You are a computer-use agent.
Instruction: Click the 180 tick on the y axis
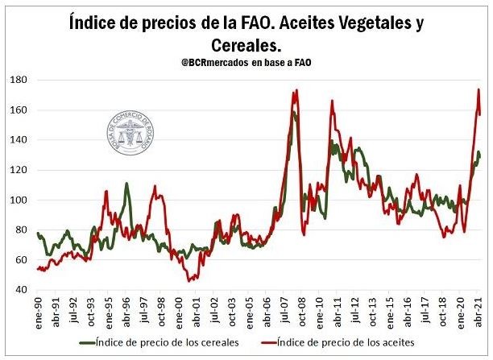[x=19, y=80]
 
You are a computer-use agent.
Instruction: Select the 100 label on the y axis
[x=19, y=200]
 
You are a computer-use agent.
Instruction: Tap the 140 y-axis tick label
[x=19, y=139]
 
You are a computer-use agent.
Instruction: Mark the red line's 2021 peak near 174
[x=478, y=89]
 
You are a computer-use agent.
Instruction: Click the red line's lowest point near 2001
[x=189, y=280]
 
